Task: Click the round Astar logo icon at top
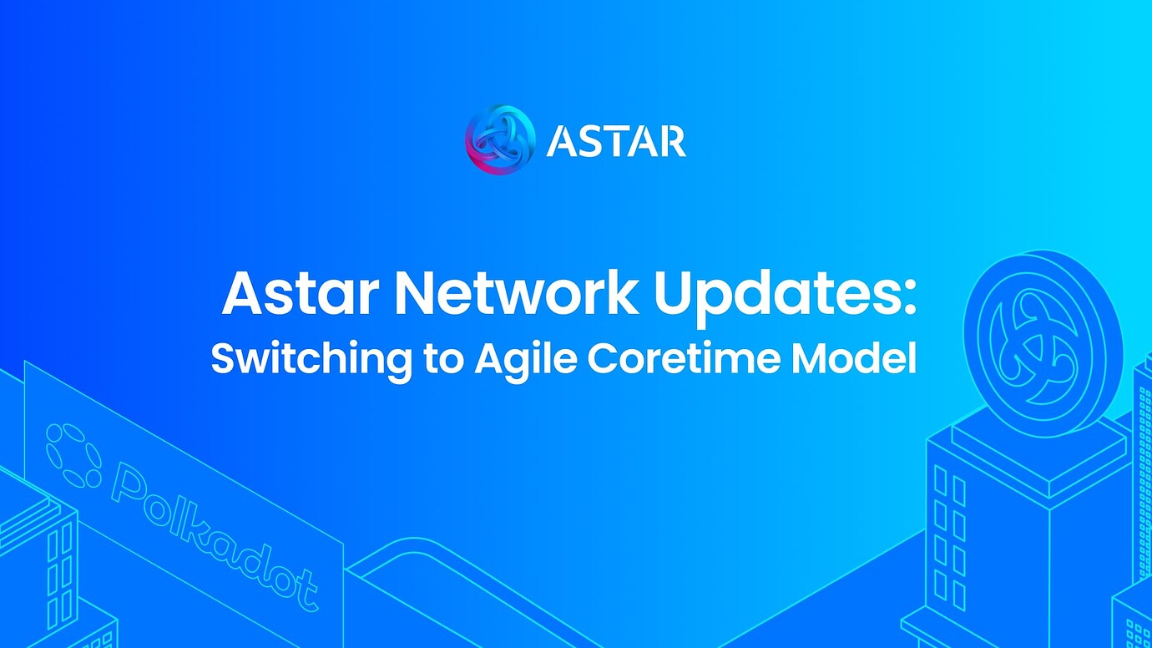(x=499, y=139)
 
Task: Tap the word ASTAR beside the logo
(x=616, y=141)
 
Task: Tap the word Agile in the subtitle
(x=526, y=359)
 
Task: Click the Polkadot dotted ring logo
(x=73, y=455)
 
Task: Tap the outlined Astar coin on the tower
(x=1043, y=342)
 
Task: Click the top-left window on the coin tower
(x=941, y=480)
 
